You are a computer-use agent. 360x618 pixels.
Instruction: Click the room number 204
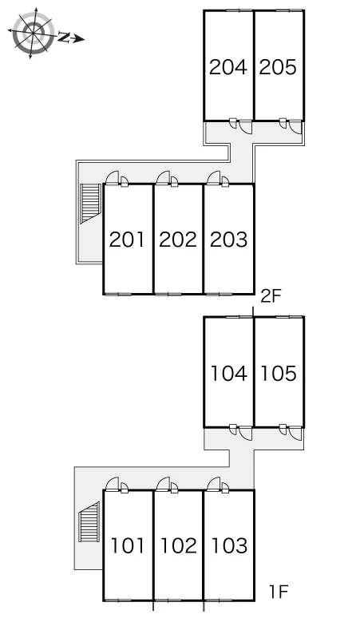228,67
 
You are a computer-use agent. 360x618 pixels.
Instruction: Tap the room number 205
278,67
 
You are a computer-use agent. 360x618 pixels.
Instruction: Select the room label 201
127,240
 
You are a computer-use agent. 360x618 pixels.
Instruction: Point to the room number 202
178,240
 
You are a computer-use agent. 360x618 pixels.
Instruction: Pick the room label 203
229,240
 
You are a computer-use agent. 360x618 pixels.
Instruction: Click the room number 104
229,373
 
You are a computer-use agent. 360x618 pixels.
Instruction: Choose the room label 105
279,373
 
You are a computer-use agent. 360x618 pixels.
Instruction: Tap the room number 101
127,545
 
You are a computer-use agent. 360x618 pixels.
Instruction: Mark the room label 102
179,545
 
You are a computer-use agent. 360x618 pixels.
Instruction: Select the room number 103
230,545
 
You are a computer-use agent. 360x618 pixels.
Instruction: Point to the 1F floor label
279,591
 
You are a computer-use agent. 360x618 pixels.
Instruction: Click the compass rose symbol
31,32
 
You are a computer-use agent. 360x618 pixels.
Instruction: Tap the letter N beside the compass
63,38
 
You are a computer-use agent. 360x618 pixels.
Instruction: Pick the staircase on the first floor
89,521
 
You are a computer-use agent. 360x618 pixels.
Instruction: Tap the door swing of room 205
296,125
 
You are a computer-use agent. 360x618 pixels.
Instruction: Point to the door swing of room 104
246,433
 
